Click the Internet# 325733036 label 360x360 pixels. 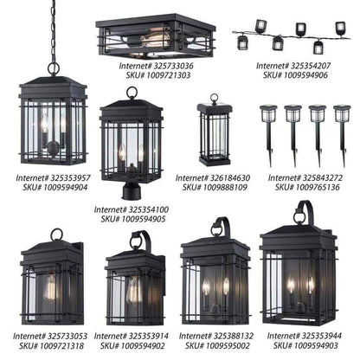(156, 66)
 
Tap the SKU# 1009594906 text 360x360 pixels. (295, 75)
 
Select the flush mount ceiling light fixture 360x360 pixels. (156, 35)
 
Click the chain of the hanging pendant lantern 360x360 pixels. (54, 32)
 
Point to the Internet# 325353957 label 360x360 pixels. (53, 177)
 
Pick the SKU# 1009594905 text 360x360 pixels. (133, 219)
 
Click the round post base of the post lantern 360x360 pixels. (131, 191)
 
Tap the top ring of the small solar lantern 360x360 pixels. (214, 98)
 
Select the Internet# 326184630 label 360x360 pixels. (213, 177)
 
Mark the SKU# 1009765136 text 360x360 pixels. (307, 187)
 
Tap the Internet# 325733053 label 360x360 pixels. (50, 336)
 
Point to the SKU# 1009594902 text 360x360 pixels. (132, 345)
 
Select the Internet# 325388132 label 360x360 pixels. (216, 336)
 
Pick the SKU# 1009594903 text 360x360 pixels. (305, 345)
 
